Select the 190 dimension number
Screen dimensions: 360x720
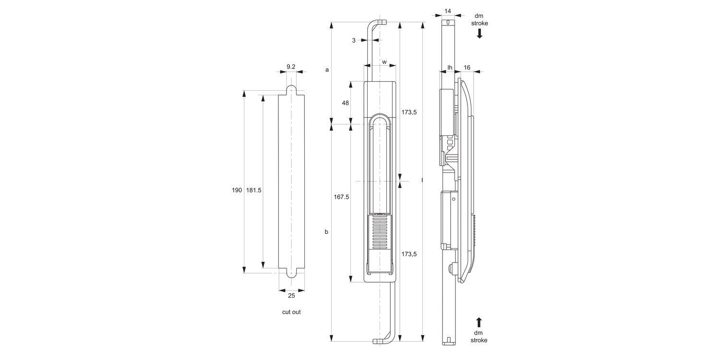[x=237, y=190]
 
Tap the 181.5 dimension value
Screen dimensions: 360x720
[x=253, y=190]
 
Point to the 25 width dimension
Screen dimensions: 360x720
[x=291, y=295]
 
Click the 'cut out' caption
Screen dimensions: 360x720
[x=291, y=312]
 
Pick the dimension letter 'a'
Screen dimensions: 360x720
[x=327, y=70]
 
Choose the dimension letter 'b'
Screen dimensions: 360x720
[x=326, y=232]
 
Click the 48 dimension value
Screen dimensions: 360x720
[x=345, y=103]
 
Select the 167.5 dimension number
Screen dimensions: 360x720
[x=341, y=197]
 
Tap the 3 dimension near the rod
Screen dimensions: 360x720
[x=354, y=40]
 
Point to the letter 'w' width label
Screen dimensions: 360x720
[x=384, y=62]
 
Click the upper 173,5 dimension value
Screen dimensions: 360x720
[x=409, y=112]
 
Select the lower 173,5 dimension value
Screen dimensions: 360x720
[x=409, y=254]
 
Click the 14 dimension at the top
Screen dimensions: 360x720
[x=448, y=11]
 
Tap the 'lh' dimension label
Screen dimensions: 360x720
[x=450, y=67]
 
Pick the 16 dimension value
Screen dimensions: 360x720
[x=467, y=67]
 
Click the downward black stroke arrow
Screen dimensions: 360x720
[x=479, y=34]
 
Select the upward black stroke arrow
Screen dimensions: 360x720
[x=479, y=322]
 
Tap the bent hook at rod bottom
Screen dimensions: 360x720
[x=384, y=340]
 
